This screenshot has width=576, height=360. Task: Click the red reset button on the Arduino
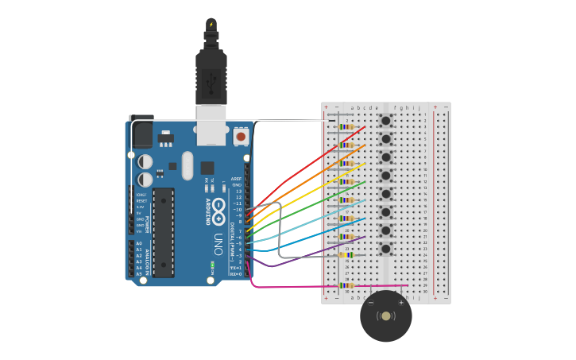point(241,136)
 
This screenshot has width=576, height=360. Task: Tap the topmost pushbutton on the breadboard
point(386,121)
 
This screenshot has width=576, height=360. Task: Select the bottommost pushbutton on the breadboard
point(386,249)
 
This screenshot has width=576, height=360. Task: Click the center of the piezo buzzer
point(386,316)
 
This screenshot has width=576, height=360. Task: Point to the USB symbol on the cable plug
point(211,80)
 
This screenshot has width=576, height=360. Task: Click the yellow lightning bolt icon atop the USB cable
point(211,25)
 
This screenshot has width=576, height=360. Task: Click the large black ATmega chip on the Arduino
point(164,232)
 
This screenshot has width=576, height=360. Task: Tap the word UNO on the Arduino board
point(218,239)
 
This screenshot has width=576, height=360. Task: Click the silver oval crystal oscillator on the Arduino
point(187,165)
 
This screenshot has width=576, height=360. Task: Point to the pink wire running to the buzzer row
point(318,286)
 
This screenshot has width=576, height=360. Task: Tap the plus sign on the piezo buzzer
point(401,303)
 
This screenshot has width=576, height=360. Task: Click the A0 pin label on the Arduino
point(139,244)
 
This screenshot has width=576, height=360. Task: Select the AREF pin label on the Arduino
point(236,179)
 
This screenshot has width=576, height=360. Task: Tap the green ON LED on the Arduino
point(212,265)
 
